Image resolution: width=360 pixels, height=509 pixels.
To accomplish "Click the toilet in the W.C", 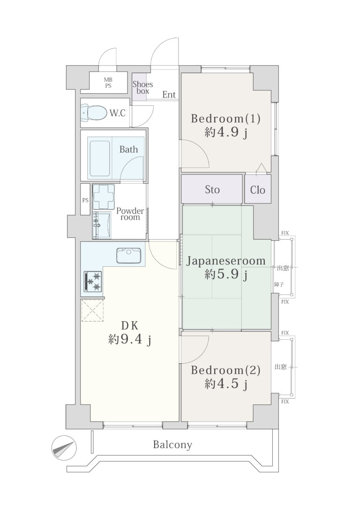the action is click(94, 112).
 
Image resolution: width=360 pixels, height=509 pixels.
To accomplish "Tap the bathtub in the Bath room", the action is click(100, 158).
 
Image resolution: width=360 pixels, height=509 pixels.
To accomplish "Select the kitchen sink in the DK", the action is click(129, 255).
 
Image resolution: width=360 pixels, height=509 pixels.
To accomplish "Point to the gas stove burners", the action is click(93, 281).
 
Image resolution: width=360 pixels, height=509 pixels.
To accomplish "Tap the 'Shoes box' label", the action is click(142, 87).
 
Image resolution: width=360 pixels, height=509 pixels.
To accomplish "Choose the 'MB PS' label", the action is click(108, 83).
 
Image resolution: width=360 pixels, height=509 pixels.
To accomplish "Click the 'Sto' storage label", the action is click(212, 189).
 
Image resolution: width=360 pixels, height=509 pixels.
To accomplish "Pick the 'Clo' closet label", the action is click(257, 190).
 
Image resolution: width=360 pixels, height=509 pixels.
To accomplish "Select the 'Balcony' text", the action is click(172, 444).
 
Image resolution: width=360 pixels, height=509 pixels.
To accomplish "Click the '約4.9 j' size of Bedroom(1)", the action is click(226, 133).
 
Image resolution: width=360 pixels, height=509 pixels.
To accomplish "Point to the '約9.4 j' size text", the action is click(129, 340).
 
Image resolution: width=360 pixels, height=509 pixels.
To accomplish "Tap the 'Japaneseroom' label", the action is click(225, 261).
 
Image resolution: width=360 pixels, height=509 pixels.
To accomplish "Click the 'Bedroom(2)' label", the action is click(225, 370).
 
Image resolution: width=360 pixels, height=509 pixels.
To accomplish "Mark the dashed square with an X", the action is click(92, 310).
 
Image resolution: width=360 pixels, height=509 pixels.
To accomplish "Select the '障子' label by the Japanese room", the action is click(279, 284).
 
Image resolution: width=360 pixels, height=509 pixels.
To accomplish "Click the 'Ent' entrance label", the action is click(169, 95).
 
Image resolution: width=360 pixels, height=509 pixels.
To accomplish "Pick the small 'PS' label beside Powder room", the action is click(85, 200).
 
